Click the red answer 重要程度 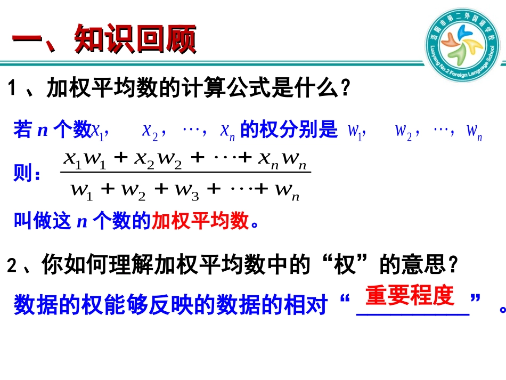pos(409,296)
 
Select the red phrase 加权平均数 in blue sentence pos(200,220)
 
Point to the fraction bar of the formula pos(185,172)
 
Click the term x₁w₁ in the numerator pos(84,159)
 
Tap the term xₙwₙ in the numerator pos(282,159)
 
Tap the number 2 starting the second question pos(12,266)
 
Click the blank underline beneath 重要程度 pos(413,314)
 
